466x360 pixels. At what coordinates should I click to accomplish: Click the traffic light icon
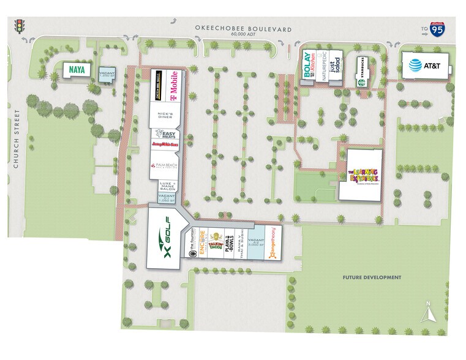point(19,26)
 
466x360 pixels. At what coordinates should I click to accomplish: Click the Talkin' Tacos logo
point(215,244)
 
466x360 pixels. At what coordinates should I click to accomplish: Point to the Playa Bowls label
point(228,245)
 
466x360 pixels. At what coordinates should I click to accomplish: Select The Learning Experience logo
point(361,173)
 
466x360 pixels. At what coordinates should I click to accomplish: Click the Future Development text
point(372,277)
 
